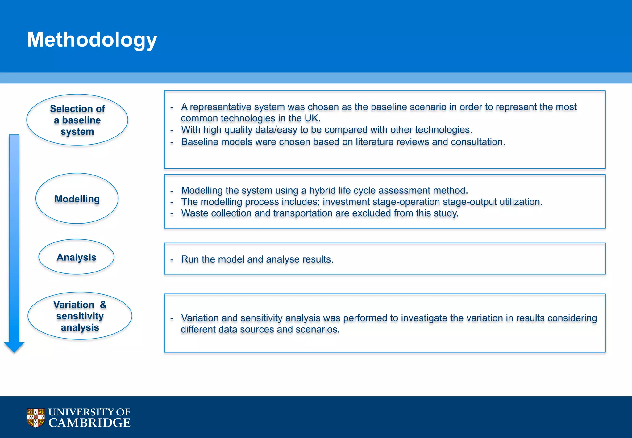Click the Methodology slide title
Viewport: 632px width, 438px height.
92,40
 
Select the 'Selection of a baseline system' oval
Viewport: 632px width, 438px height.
77,120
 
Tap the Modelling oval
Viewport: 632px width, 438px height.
77,199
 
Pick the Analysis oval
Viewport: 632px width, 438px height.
77,257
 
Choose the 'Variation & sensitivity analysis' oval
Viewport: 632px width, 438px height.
80,316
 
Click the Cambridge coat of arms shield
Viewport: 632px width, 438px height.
36,418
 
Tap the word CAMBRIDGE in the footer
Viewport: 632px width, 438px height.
89,423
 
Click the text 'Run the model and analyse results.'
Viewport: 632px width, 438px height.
257,259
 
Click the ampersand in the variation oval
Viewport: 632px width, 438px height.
103,305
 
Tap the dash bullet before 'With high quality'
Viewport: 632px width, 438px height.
172,130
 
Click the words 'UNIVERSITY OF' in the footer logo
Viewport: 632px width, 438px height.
89,412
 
